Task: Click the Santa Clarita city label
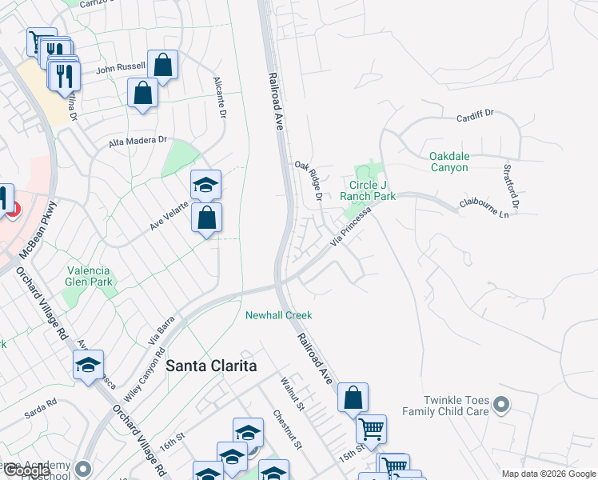(211, 366)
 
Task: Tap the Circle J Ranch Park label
(368, 190)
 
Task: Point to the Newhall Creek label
(278, 315)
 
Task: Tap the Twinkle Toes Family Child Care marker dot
(501, 404)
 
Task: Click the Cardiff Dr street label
(475, 117)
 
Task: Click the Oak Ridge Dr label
(307, 181)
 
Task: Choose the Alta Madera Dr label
(138, 141)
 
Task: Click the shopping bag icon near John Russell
(163, 66)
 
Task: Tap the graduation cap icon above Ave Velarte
(205, 184)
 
